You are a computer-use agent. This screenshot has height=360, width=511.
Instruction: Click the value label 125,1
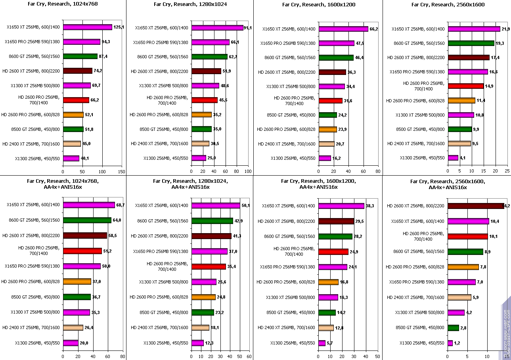tap(119, 27)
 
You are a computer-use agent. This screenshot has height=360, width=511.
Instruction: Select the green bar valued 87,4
tap(80, 56)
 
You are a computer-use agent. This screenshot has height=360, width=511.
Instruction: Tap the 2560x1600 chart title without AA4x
tap(446, 5)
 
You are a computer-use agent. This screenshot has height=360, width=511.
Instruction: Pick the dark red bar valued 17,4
tap(469, 57)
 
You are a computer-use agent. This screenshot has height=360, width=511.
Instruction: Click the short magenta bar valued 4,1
tap(453, 158)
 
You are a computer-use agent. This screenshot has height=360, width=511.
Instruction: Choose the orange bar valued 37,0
tap(77, 281)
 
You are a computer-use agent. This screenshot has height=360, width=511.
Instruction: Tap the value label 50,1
tap(246, 205)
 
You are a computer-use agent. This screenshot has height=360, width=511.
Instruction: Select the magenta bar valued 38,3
tap(341, 206)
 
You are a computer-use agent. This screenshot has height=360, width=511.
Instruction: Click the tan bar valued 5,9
tap(459, 297)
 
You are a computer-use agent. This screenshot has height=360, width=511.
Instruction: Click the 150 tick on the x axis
tap(121, 172)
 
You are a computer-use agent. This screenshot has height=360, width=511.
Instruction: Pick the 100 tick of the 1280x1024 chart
tap(248, 172)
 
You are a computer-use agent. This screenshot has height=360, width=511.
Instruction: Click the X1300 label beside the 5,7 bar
tap(293, 343)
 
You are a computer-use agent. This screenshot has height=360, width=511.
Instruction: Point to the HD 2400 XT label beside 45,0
tap(31, 144)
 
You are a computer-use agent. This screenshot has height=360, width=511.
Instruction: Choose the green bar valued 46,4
tap(336, 57)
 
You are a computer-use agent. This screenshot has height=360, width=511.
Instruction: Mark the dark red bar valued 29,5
tap(336, 221)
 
